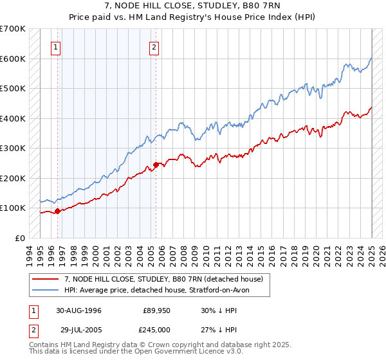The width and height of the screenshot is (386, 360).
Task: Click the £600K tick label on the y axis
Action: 13,59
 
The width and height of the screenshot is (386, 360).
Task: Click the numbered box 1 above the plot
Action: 56,47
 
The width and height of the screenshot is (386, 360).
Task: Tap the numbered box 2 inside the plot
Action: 155,47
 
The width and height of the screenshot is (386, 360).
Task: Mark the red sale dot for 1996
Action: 57,211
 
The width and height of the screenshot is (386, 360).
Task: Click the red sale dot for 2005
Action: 156,165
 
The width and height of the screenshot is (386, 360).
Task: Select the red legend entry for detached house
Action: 163,280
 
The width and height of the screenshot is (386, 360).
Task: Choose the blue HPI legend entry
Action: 161,290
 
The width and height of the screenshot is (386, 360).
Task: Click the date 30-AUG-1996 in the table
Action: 78,310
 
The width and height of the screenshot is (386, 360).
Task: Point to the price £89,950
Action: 156,310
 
